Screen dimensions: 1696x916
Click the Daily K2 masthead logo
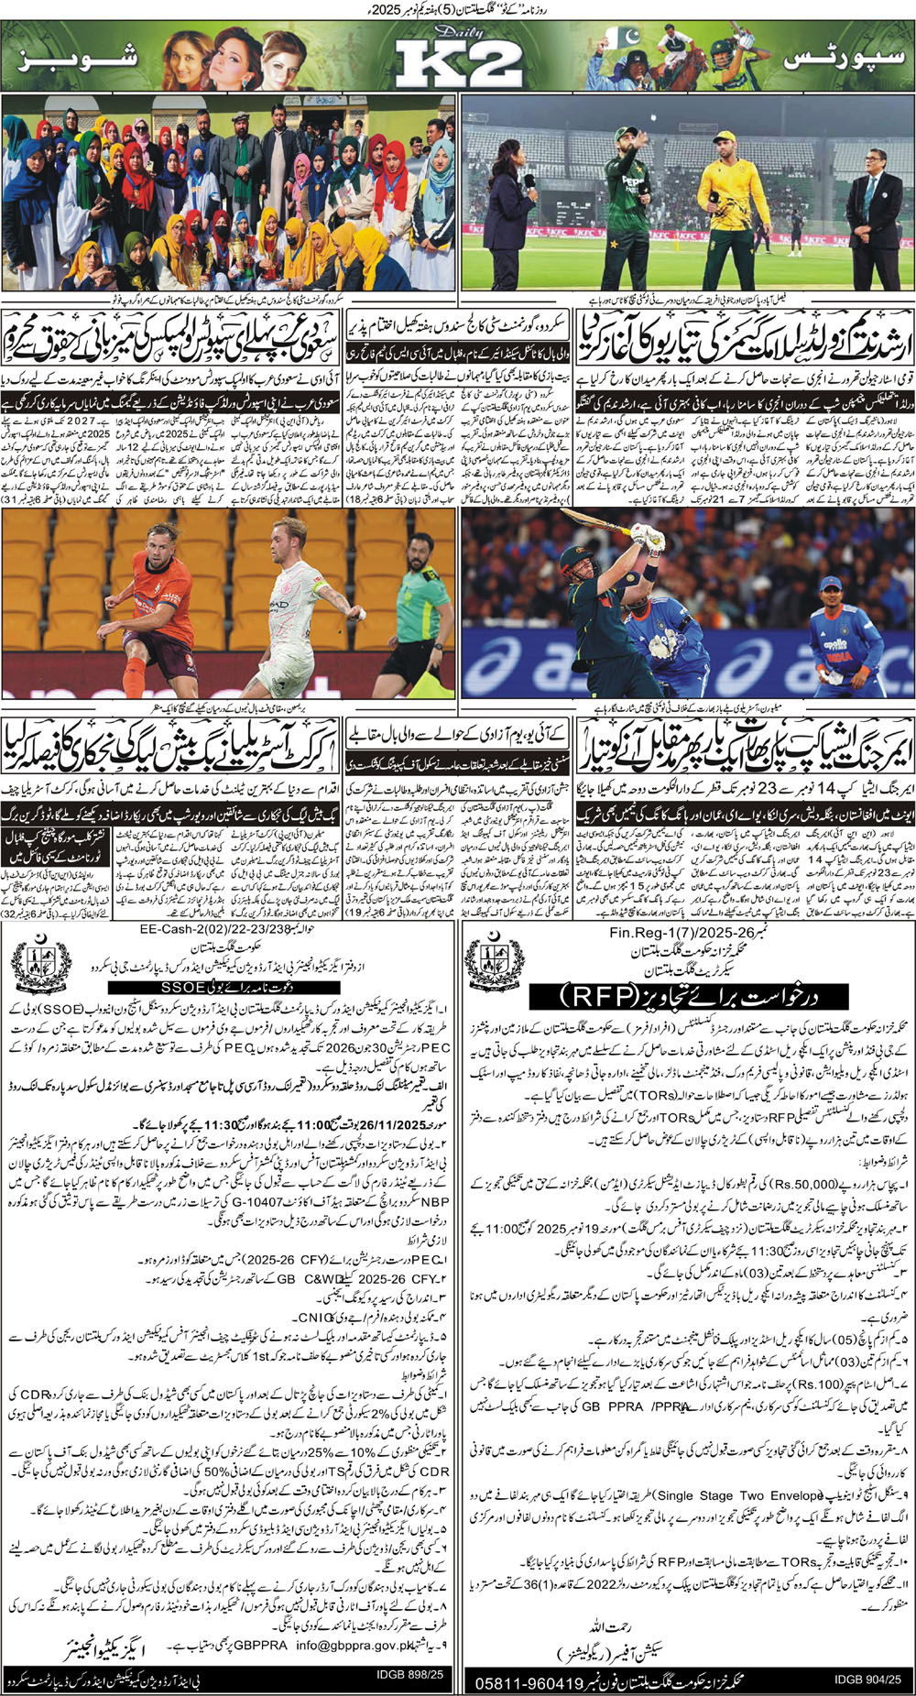(x=458, y=61)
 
